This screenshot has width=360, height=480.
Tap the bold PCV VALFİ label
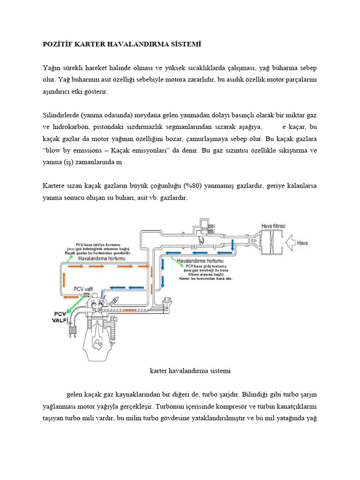[x=60, y=317]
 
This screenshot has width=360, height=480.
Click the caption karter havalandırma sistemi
[x=190, y=370]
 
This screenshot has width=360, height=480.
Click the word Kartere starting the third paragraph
[x=55, y=186]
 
